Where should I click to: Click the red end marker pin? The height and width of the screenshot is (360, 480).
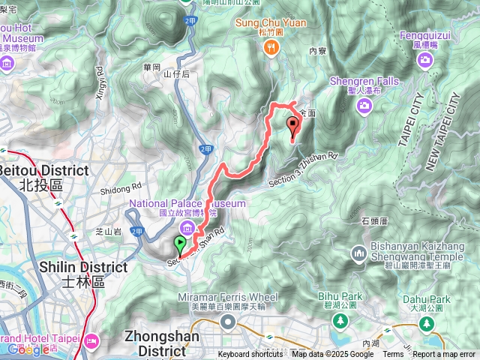292,125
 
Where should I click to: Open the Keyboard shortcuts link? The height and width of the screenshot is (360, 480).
250,355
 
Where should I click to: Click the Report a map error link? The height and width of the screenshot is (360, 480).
445,355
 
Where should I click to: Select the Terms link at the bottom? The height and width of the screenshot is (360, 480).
393,355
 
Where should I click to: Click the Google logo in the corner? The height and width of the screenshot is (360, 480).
28,349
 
